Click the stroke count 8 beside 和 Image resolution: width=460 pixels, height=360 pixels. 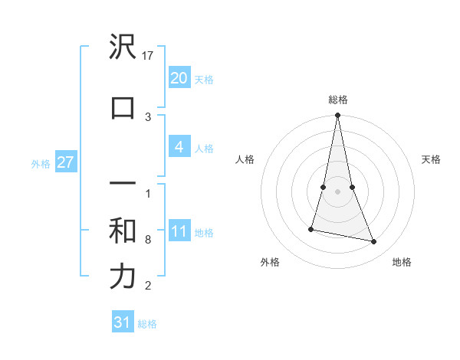148,240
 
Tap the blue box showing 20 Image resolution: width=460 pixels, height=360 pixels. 179,78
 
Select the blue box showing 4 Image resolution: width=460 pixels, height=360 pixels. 179,147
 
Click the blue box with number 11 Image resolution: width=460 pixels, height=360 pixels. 179,231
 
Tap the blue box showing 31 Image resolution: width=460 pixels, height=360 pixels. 123,322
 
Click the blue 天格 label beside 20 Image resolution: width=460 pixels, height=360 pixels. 204,80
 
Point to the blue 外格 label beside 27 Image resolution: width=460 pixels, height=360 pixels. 41,163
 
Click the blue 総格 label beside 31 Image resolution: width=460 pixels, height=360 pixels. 147,324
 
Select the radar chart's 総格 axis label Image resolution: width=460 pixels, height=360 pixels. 337,100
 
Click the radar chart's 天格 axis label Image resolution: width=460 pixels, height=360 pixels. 431,159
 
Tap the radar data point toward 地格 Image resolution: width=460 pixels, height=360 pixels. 374,241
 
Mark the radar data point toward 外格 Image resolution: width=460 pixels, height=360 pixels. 311,228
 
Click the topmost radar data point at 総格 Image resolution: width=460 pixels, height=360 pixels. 337,116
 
